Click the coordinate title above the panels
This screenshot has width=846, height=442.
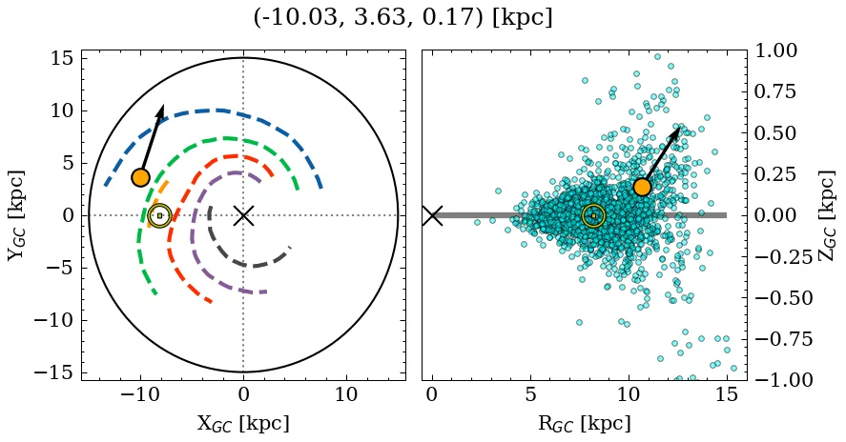pos(402,18)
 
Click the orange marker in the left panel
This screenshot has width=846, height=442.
pos(141,177)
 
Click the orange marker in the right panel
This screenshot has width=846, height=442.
pos(642,187)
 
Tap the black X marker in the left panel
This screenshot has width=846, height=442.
pos(243,215)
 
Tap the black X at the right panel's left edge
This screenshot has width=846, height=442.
pos(432,215)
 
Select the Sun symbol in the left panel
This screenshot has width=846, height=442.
pos(159,215)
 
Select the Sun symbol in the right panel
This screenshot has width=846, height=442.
pos(593,215)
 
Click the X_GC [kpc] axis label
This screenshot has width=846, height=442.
pos(243,424)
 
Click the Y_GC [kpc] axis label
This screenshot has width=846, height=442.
pos(17,215)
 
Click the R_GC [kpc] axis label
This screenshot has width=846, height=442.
pos(584,424)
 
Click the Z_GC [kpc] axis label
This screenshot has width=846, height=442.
pos(827,215)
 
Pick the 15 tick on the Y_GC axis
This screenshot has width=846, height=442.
pos(61,58)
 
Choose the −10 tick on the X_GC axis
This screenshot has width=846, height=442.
pos(140,394)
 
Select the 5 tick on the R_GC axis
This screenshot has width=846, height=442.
pos(530,394)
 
